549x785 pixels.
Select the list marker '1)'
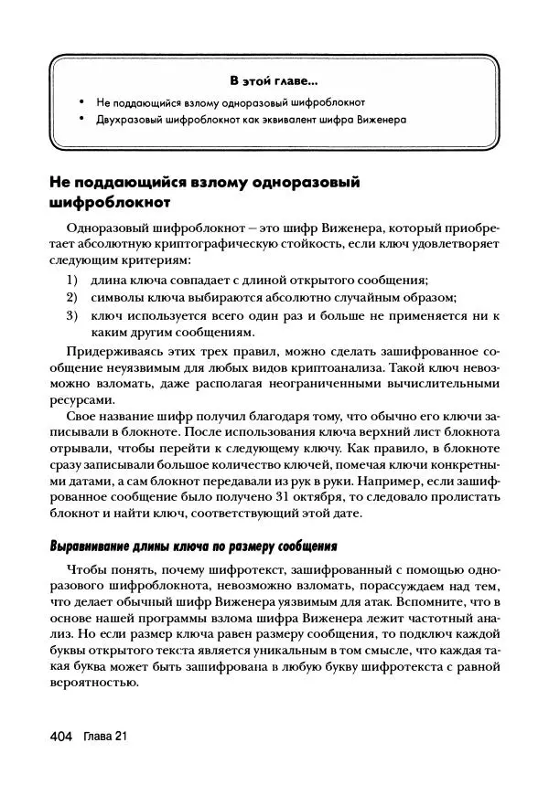pos(71,281)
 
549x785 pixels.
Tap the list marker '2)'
pos(71,298)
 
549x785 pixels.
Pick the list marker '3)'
pos(71,315)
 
